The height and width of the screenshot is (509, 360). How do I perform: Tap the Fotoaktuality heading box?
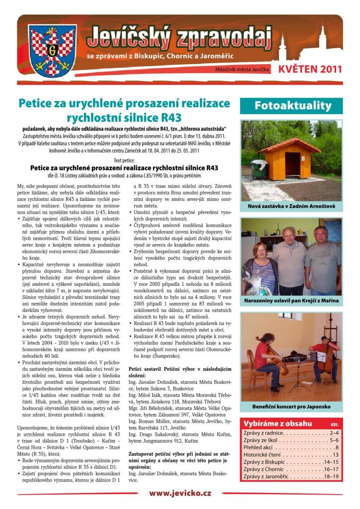tap(292, 105)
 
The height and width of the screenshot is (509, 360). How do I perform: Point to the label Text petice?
tap(124, 161)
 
